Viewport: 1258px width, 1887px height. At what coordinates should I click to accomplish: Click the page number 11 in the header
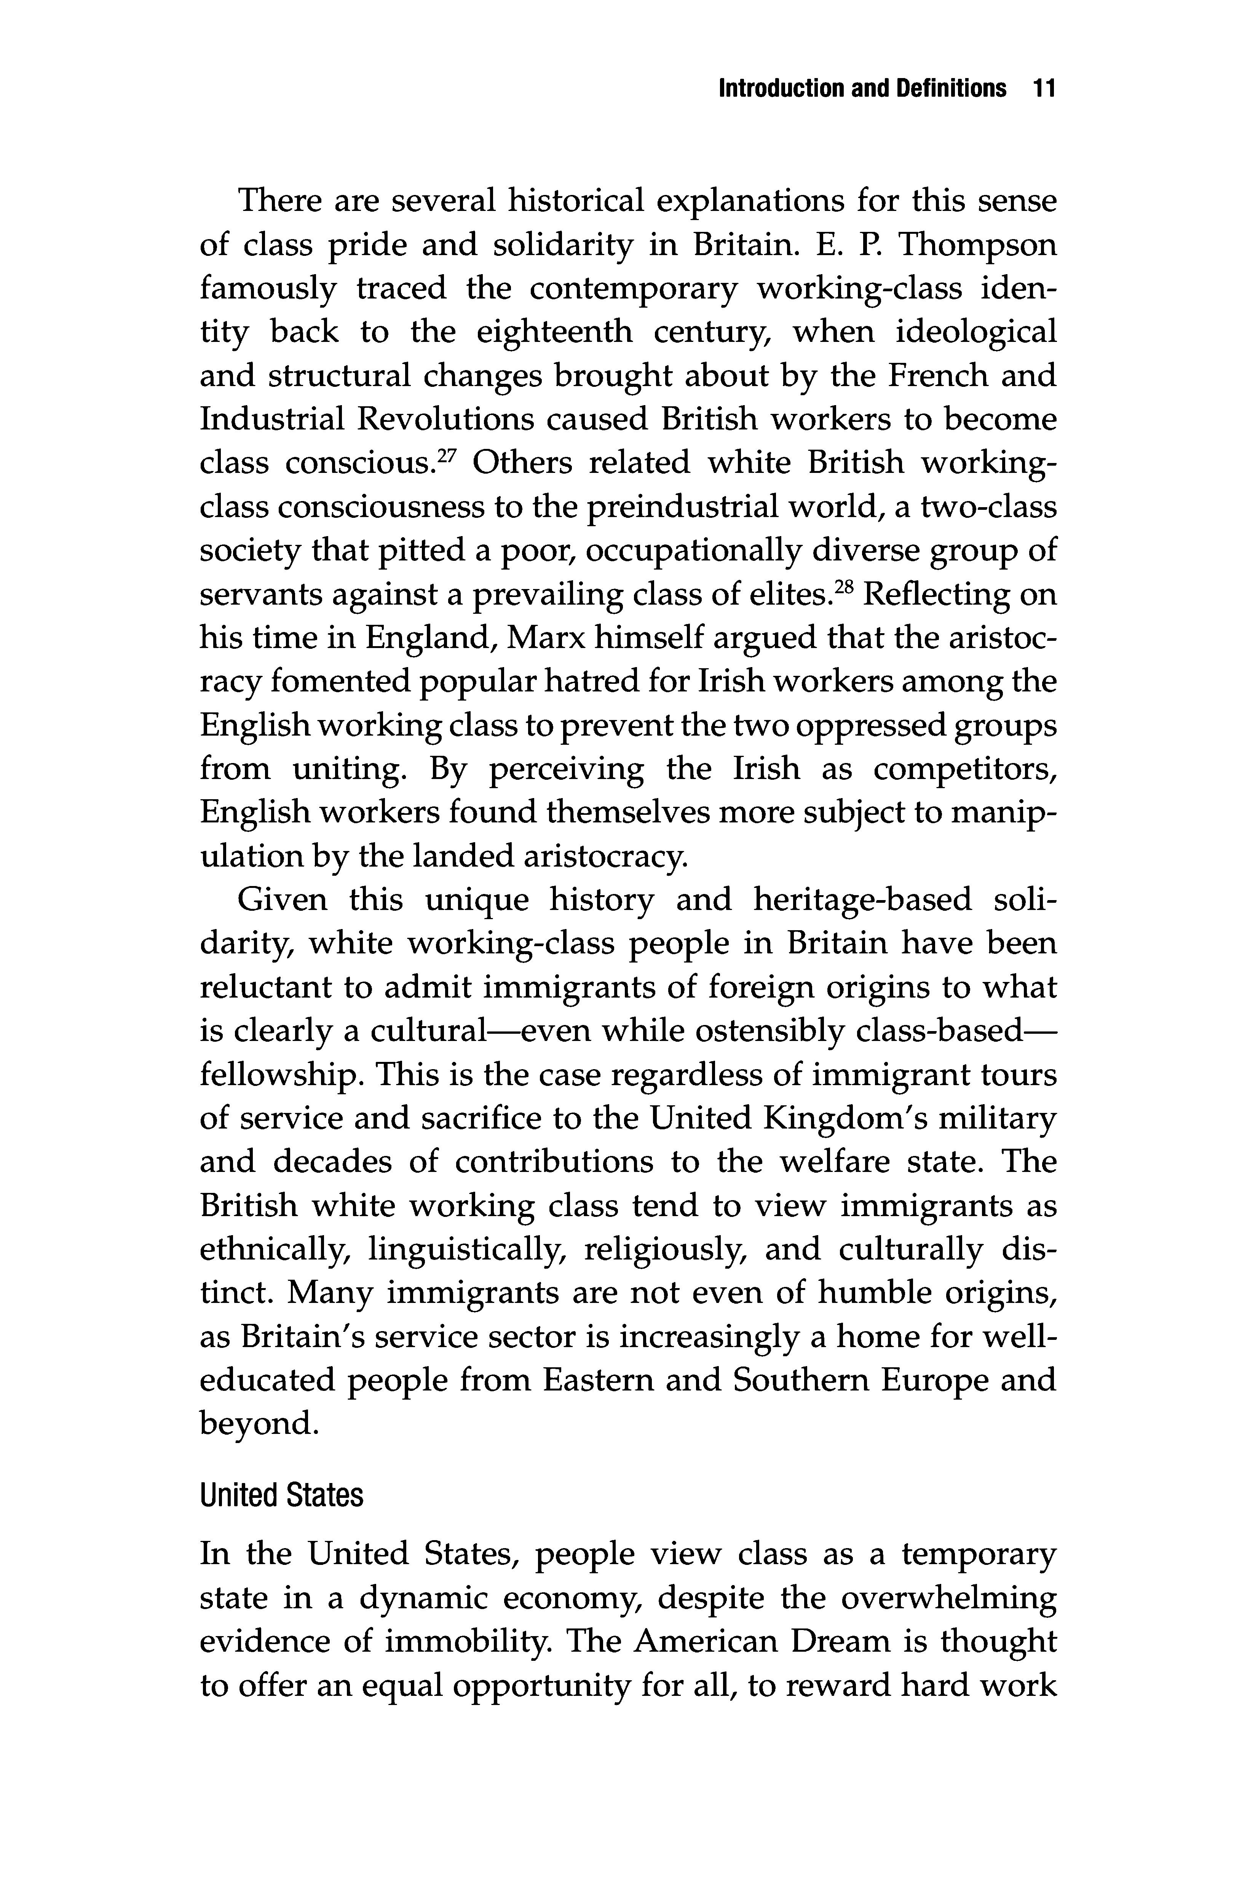[x=1043, y=88]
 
